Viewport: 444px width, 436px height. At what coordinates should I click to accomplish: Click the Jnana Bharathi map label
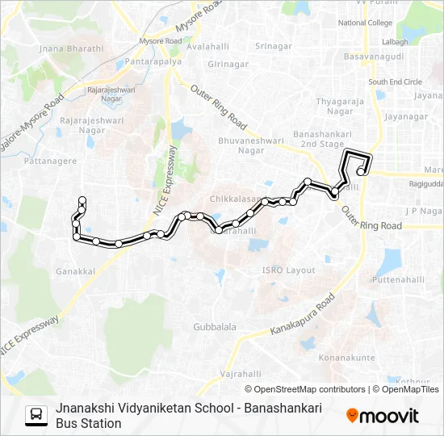[71, 48]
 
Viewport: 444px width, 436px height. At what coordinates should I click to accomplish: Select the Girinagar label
[228, 64]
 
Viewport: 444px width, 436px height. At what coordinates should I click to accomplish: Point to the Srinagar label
[273, 46]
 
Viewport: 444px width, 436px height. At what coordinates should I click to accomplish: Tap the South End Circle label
[395, 82]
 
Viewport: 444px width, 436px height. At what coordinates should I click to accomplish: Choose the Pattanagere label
[50, 161]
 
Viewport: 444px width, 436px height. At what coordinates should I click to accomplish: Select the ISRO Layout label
[288, 270]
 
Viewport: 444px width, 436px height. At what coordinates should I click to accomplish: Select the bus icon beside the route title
[36, 415]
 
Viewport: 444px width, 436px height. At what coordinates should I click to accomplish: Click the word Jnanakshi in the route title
[84, 409]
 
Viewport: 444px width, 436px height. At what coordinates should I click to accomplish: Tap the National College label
[365, 23]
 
